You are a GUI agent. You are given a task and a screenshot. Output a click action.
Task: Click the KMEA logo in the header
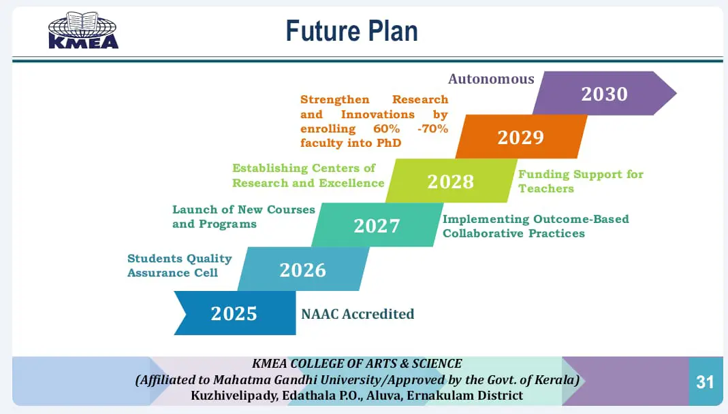coord(84,30)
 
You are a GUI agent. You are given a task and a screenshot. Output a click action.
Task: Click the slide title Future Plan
coord(351,31)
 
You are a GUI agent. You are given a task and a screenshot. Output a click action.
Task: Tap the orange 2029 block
coord(521,137)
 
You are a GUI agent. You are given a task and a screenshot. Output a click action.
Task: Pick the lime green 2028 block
coord(451,181)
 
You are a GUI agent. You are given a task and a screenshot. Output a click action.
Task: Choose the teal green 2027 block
coord(377,225)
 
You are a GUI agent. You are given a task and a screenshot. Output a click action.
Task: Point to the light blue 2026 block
coord(303,269)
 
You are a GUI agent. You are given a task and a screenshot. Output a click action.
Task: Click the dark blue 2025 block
coord(234,313)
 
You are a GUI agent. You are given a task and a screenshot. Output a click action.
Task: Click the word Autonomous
coord(491,80)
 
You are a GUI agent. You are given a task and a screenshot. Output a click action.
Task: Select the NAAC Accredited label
coord(358,314)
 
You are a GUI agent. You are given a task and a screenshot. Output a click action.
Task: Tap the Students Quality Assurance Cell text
coord(180,266)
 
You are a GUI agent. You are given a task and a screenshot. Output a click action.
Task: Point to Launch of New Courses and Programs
coord(244,216)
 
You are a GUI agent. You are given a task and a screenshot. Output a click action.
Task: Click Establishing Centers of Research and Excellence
coord(308,175)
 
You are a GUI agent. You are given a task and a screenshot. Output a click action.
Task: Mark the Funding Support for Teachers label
coord(581,182)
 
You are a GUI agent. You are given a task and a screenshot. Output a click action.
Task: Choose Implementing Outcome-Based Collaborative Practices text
coord(536,226)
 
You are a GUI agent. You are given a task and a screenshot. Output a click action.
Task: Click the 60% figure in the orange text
coord(386,128)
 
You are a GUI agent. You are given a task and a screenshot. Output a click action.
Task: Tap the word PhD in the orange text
coord(389,143)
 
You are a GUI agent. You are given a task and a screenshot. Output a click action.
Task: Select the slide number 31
coord(705,382)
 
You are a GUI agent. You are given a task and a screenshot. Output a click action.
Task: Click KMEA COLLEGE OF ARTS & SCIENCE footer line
coord(357,364)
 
